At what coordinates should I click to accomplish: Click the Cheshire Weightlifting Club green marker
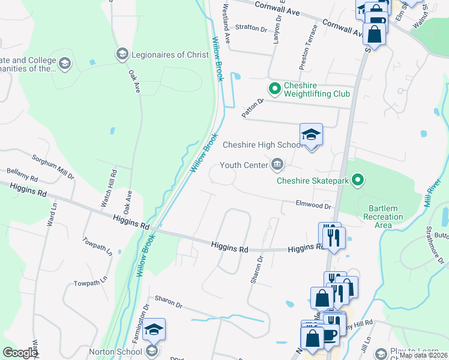[275, 89]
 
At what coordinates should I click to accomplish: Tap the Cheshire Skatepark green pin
[358, 179]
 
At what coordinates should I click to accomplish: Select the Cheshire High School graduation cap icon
[312, 134]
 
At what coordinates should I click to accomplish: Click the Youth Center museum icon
[277, 164]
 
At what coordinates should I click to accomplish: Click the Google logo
[20, 353]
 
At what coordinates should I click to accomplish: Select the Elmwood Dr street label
[313, 205]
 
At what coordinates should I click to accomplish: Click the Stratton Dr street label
[251, 28]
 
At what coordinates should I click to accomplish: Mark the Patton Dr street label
[253, 107]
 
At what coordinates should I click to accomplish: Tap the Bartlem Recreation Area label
[384, 216]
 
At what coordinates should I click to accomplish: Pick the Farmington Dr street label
[139, 322]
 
